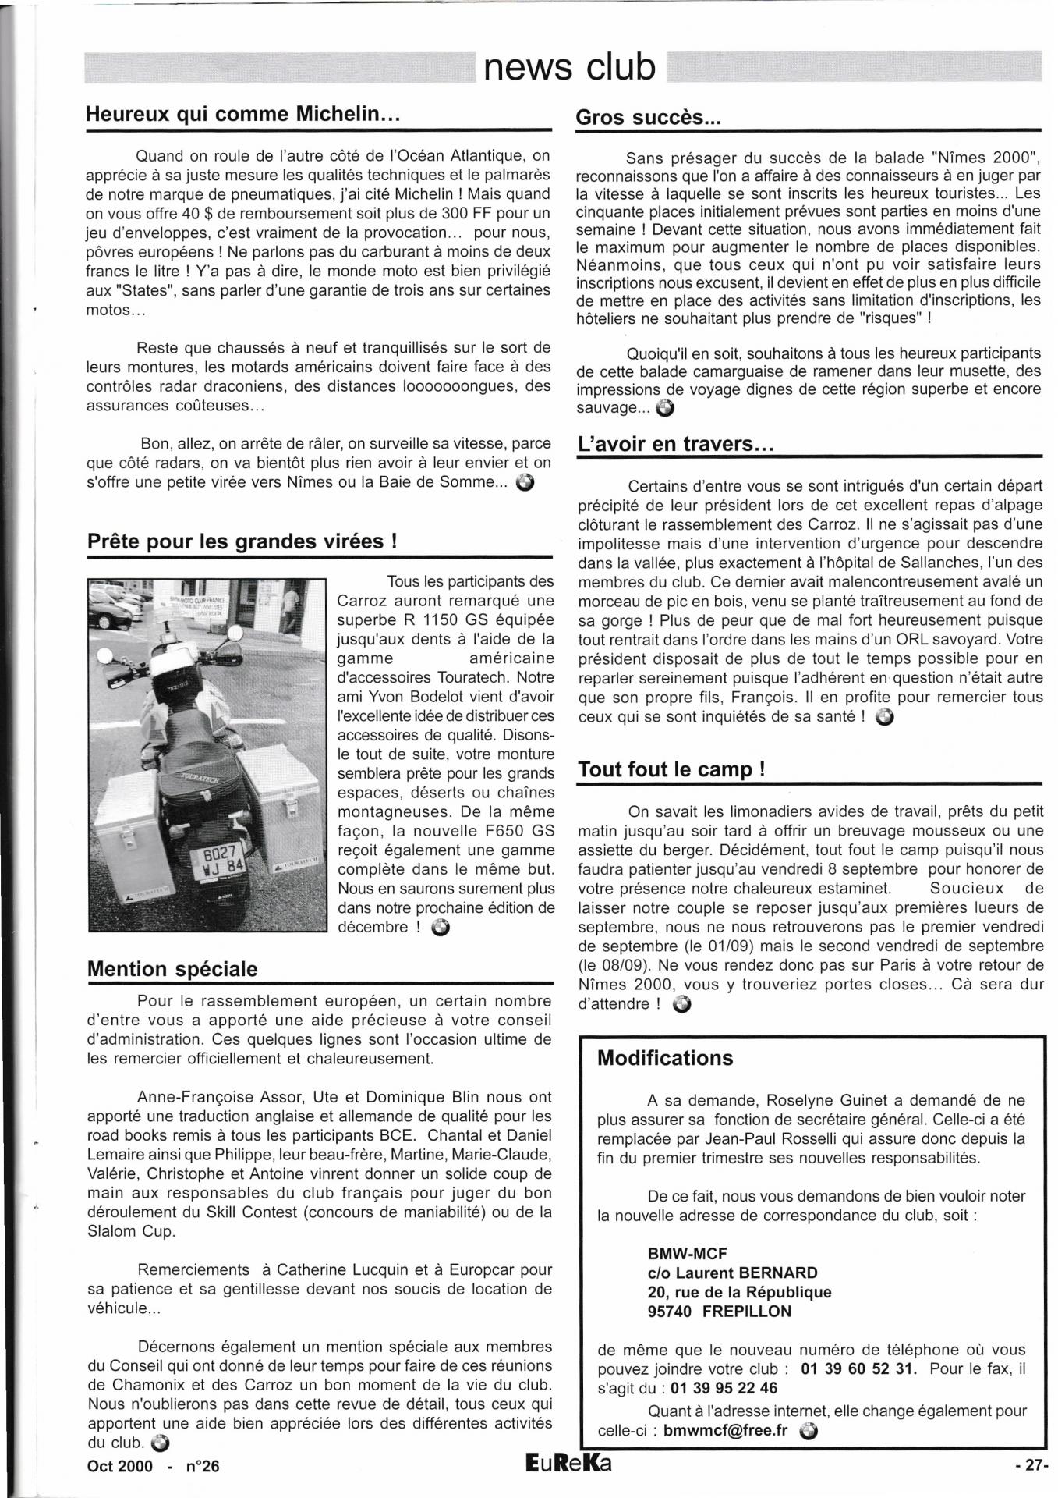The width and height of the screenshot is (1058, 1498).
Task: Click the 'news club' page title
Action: coord(570,67)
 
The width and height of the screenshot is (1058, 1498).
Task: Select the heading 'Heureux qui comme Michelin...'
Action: coord(242,114)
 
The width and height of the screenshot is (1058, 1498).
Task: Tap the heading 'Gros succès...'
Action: coord(648,118)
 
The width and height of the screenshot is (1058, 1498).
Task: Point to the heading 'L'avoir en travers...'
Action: coord(675,444)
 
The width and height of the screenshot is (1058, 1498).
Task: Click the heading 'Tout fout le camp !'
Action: coord(671,769)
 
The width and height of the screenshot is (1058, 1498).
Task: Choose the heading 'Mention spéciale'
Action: coord(172,969)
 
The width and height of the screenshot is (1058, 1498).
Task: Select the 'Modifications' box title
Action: coord(665,1058)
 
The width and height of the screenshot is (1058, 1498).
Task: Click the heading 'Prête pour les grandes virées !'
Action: coord(242,541)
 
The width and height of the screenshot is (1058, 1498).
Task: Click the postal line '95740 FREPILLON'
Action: coord(719,1311)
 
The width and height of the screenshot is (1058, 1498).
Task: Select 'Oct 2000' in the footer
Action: coord(119,1466)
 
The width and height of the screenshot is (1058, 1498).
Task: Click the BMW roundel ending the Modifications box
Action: coord(809,1430)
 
